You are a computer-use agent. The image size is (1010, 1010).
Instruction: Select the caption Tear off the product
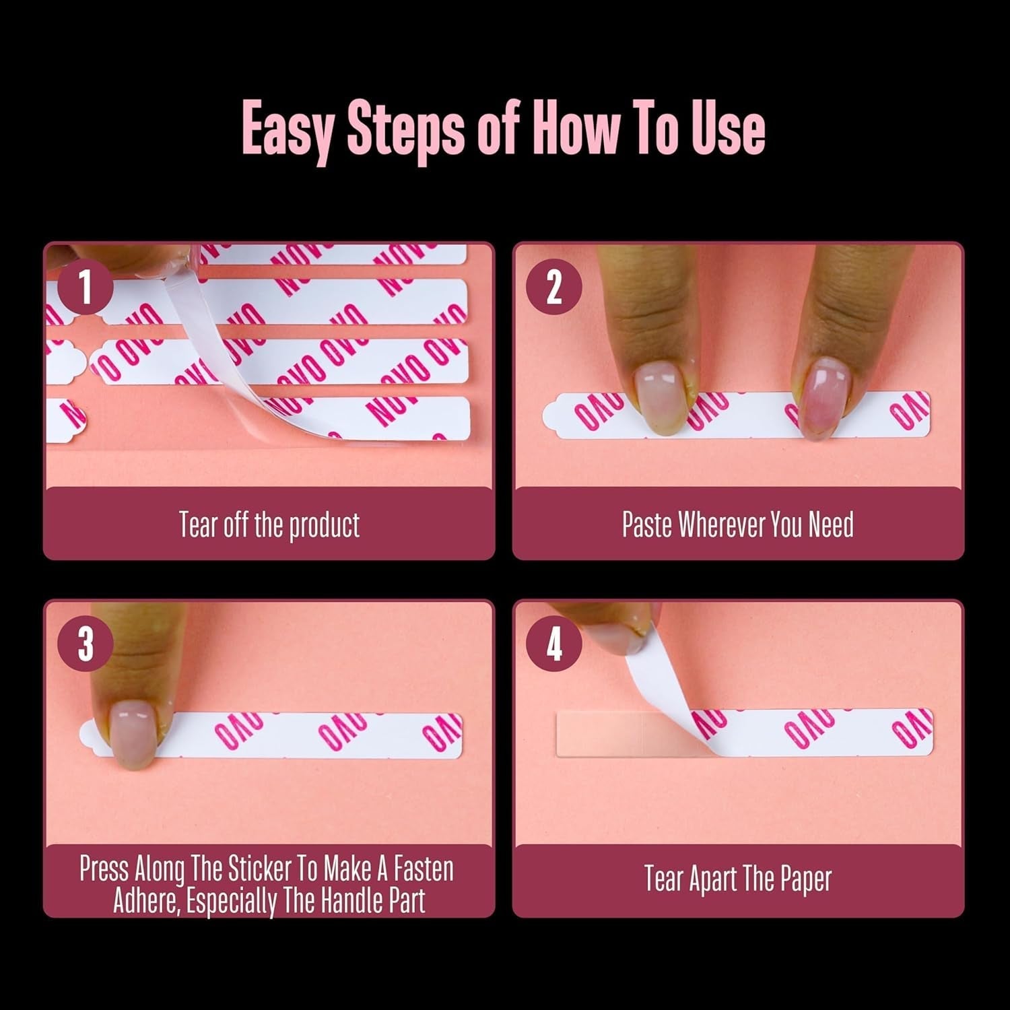tap(269, 525)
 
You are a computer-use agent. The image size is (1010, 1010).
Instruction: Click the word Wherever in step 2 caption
tap(722, 525)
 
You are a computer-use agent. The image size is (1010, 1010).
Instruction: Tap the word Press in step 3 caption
tap(104, 869)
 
